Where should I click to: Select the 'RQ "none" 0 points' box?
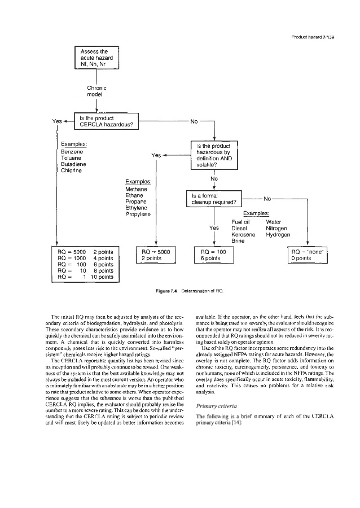coord(307,255)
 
